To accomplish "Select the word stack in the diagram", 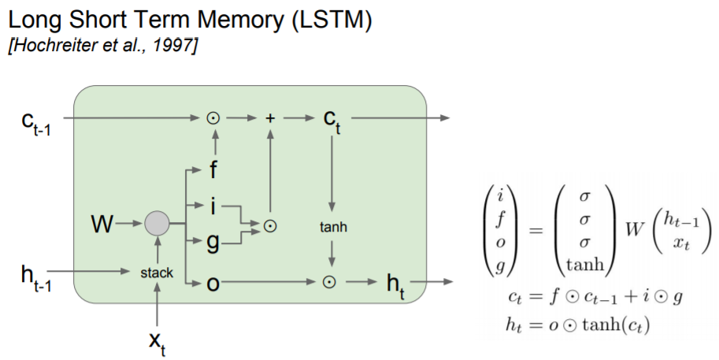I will (x=157, y=273).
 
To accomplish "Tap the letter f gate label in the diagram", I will (x=213, y=170).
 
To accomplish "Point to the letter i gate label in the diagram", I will (x=211, y=206).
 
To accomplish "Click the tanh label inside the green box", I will (x=334, y=228).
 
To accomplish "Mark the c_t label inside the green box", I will (x=332, y=120).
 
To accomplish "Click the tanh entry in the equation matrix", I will (x=584, y=265).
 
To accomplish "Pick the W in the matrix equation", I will (x=628, y=230).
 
